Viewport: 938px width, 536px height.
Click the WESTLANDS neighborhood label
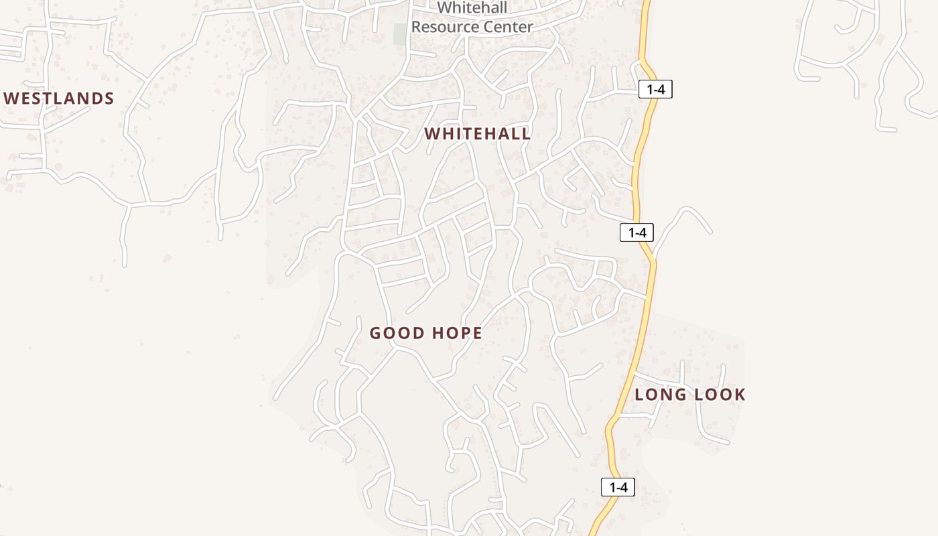(59, 98)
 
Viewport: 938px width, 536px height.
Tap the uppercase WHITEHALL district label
(477, 133)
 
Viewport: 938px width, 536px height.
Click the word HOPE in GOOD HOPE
(457, 333)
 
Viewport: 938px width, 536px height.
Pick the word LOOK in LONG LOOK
(720, 395)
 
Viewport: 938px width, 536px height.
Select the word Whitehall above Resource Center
(472, 9)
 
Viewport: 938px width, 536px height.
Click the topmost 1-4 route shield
(655, 89)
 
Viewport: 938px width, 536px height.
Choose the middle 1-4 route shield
(636, 232)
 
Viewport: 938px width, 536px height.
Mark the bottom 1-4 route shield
(617, 487)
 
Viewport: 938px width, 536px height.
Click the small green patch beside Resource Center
(400, 33)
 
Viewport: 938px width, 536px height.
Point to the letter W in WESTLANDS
(10, 98)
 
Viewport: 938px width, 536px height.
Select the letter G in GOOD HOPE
(375, 333)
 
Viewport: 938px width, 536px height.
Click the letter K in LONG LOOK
(740, 395)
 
